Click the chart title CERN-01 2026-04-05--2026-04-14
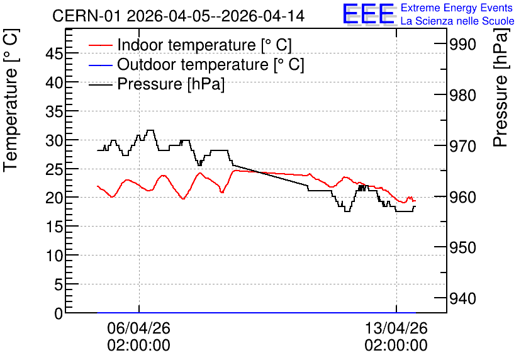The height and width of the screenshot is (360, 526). (x=178, y=16)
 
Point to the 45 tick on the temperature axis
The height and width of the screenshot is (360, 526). (x=54, y=53)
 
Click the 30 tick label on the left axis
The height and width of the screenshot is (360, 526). (x=54, y=140)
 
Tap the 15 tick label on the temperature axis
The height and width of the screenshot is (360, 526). (x=54, y=227)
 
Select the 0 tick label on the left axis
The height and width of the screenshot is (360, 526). (x=59, y=313)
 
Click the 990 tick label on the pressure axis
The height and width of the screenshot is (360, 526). (x=462, y=44)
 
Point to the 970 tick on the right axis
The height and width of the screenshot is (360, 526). (x=462, y=146)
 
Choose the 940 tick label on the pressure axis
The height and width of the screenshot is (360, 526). (x=462, y=298)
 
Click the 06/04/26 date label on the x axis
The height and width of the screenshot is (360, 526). (x=138, y=328)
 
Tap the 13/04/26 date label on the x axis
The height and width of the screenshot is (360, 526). (x=396, y=328)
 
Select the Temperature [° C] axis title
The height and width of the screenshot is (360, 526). (x=11, y=101)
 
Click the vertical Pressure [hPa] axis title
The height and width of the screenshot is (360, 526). (x=500, y=87)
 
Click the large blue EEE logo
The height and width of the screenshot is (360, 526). (x=369, y=14)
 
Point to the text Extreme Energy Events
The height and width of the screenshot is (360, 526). (x=457, y=8)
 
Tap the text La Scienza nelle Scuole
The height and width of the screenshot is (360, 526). (x=457, y=21)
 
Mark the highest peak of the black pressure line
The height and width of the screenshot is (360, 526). (x=150, y=130)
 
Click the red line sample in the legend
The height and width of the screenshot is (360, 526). (x=100, y=45)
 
